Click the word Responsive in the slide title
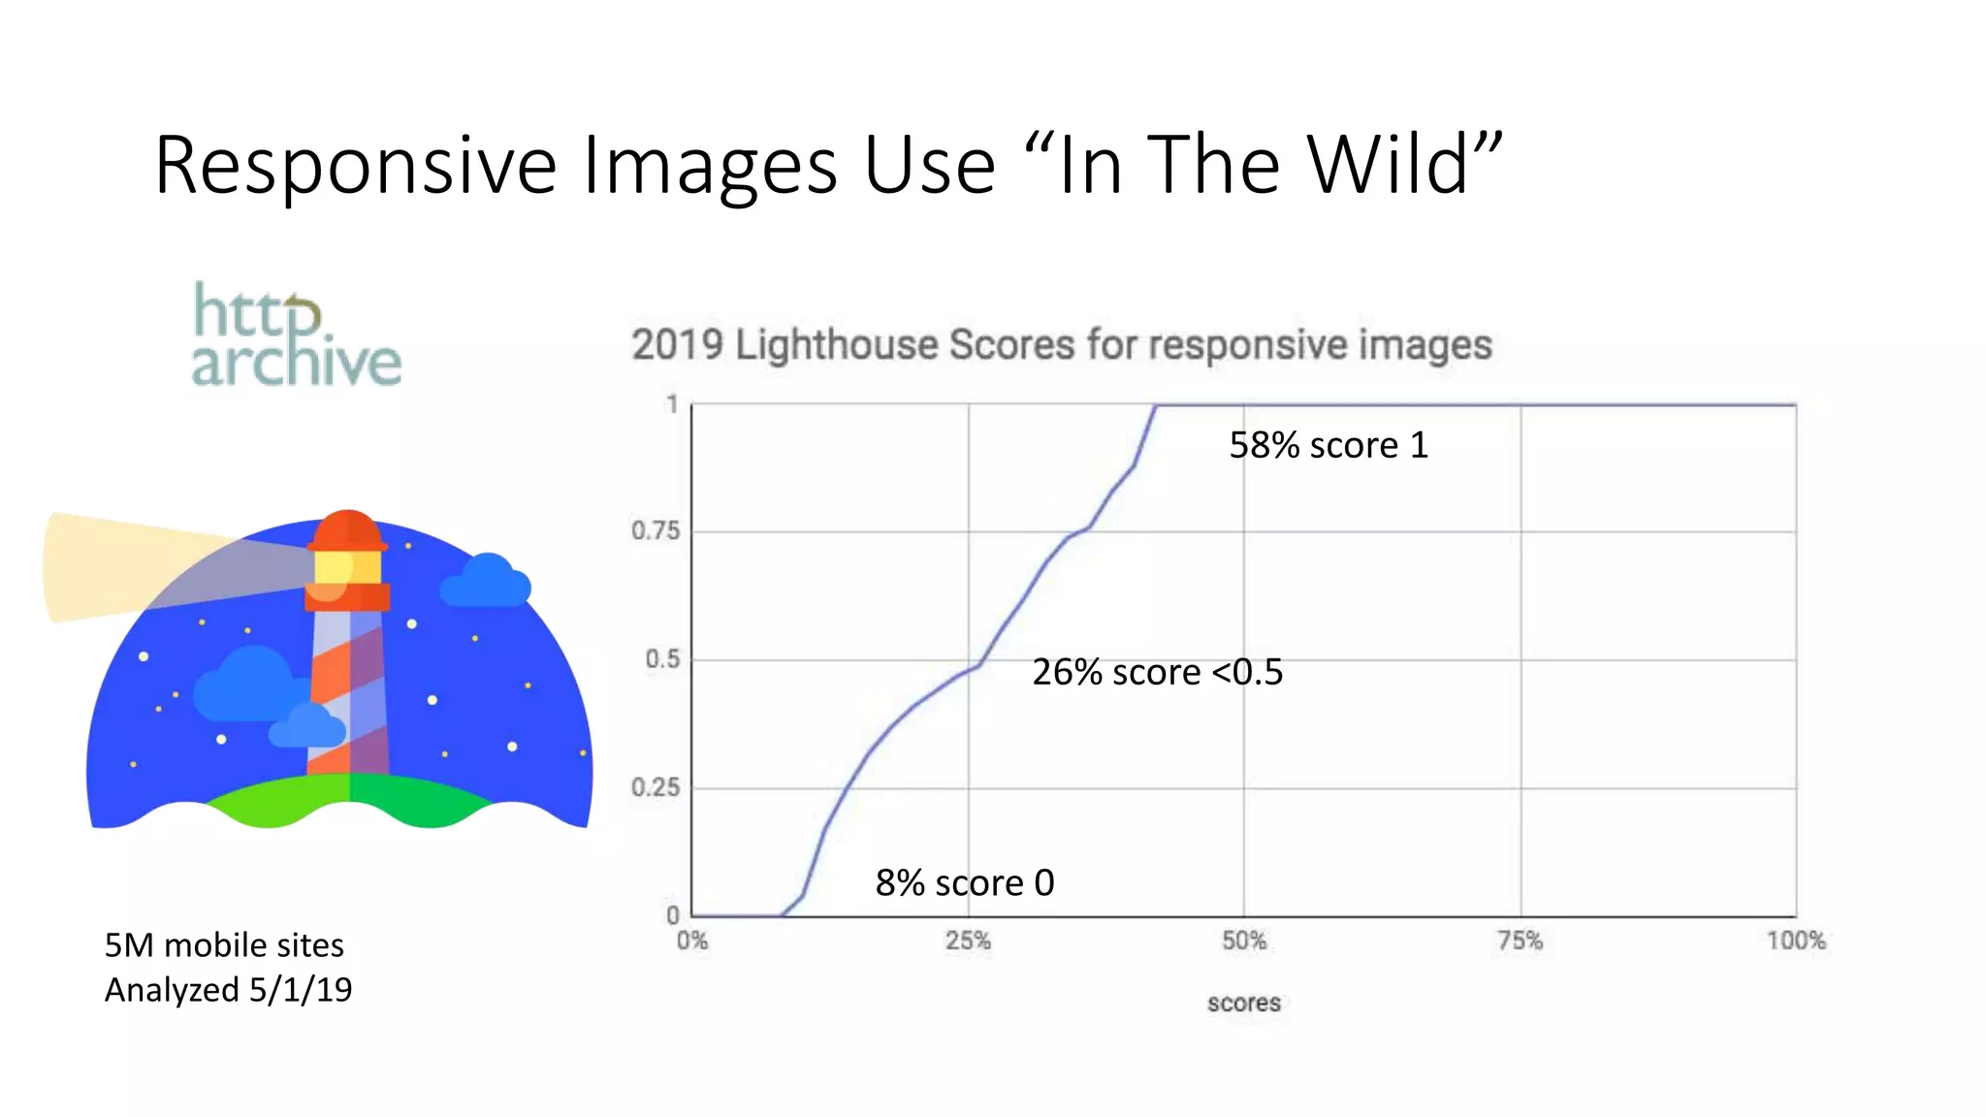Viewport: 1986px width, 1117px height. tap(355, 167)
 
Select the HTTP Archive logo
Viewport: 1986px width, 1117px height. tap(296, 335)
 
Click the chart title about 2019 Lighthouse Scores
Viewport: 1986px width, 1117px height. tap(1061, 345)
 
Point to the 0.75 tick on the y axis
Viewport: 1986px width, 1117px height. tap(656, 530)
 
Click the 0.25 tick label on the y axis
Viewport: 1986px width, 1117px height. tap(656, 787)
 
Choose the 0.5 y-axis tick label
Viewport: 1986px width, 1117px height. tap(662, 659)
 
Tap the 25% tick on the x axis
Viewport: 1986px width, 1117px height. tap(968, 941)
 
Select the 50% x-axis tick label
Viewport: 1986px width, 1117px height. tap(1244, 941)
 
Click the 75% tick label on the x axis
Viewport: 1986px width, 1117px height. tap(1520, 941)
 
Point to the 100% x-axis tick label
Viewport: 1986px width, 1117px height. tap(1795, 941)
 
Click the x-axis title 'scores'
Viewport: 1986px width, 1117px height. tap(1244, 1003)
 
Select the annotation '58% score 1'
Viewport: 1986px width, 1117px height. tap(1329, 445)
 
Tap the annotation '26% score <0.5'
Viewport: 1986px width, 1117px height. tap(1157, 672)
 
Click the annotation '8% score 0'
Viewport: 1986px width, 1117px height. tap(965, 882)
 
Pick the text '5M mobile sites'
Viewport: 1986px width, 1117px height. tap(224, 944)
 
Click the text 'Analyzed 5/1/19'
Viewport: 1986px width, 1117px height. tap(228, 990)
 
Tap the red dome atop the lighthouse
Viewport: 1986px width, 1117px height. tap(347, 528)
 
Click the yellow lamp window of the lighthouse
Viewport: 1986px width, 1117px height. tap(346, 566)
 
